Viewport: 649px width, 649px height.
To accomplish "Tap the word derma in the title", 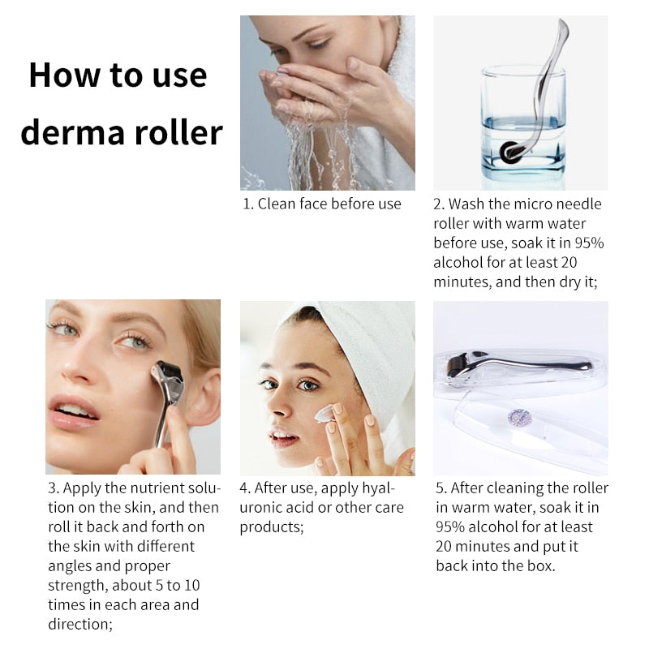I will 73,132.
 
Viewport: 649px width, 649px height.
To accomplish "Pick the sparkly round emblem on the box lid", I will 518,419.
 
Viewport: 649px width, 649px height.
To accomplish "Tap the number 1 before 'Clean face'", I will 247,204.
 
